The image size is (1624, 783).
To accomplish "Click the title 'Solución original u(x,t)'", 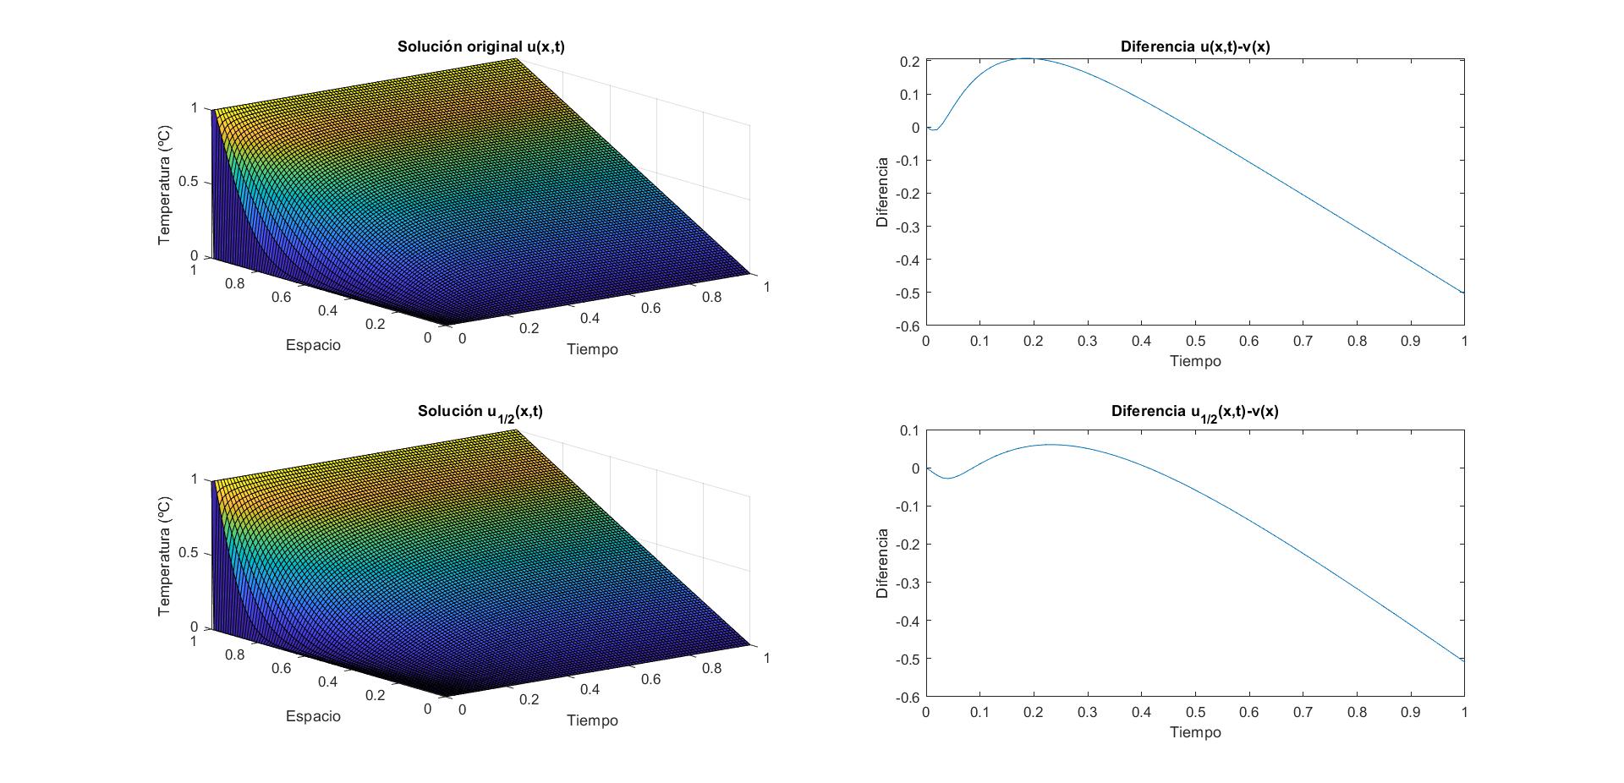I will click(x=480, y=47).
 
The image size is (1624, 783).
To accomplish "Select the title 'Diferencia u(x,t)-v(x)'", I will click(x=1194, y=47).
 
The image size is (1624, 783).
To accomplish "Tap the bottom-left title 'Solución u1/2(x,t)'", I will click(x=480, y=412).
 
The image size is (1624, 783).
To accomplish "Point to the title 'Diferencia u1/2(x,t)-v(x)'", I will click(x=1194, y=412).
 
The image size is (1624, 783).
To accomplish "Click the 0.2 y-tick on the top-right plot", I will click(x=909, y=62).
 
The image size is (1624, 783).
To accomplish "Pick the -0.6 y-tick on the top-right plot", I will click(x=907, y=326).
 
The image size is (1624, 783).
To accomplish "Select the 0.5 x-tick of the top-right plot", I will click(x=1195, y=341).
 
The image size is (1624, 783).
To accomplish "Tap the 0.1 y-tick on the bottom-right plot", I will click(x=909, y=430).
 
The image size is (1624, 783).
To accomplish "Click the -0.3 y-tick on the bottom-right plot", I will click(x=907, y=583).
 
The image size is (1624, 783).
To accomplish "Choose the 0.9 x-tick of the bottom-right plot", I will click(x=1410, y=712).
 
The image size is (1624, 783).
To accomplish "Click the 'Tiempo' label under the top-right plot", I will click(x=1195, y=361).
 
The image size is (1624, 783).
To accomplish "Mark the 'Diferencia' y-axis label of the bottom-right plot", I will click(x=882, y=563).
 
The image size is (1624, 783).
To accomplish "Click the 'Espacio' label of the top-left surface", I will click(x=313, y=345).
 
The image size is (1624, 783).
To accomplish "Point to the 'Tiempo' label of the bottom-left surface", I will click(x=592, y=720).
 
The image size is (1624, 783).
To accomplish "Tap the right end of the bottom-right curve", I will click(x=1464, y=660).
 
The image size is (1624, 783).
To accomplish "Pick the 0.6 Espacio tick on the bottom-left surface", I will click(x=281, y=668).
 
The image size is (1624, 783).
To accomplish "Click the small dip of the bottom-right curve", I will click(x=948, y=479).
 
